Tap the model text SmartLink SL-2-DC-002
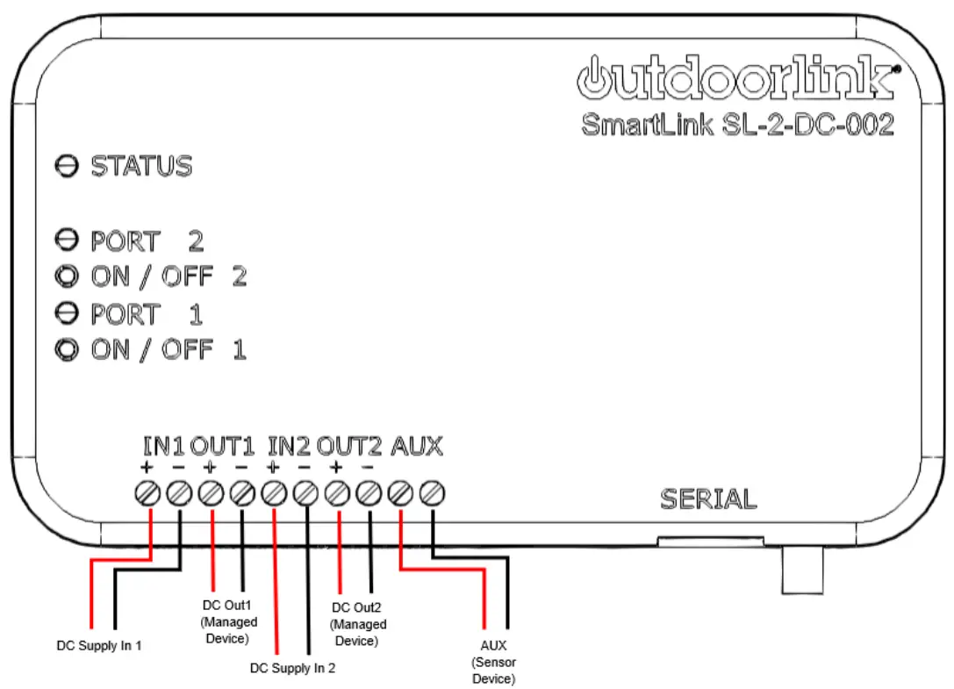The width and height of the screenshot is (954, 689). pos(737,125)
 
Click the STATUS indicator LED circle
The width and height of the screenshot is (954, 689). pos(67,166)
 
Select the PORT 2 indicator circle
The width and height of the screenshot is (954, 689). pos(67,240)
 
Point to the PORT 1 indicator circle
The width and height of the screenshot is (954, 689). pos(67,313)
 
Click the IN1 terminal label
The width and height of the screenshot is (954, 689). pos(163,447)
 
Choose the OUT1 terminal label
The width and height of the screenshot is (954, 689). pos(223,447)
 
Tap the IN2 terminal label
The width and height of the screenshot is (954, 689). pos(289,447)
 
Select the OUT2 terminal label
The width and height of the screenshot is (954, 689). pos(349,447)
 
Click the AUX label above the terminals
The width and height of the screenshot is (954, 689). pos(416,447)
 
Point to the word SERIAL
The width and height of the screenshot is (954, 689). pos(707,499)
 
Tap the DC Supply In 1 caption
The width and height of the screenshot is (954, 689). pos(99,646)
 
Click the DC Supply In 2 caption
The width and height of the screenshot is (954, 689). pos(292,668)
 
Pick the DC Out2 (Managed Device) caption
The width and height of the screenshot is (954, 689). pos(356,624)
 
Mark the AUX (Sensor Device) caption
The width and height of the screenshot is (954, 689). pos(494,662)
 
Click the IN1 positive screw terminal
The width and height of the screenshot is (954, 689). pos(147,494)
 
